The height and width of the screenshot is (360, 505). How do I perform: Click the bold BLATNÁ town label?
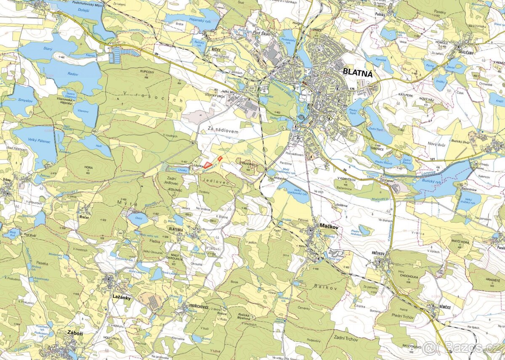[358, 72]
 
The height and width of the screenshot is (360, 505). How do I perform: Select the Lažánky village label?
[122, 297]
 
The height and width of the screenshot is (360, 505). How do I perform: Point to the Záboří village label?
[74, 332]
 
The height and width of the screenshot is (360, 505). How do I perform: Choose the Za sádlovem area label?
[223, 132]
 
